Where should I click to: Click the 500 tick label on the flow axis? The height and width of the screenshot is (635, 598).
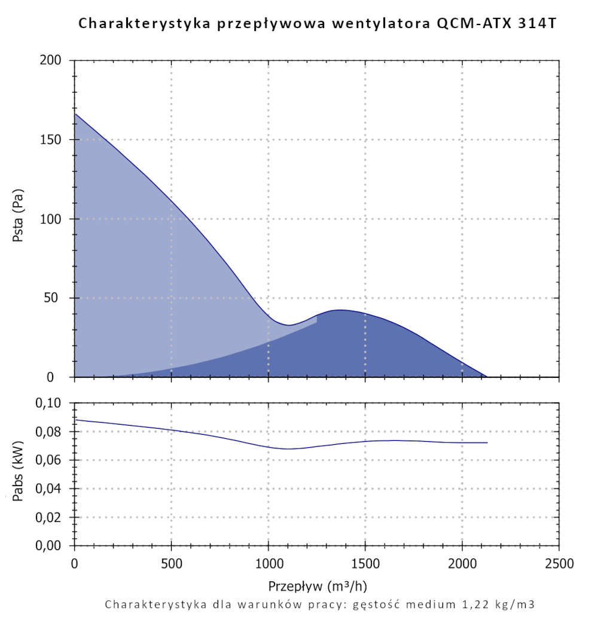(171, 564)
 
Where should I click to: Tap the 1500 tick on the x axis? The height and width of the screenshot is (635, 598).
(365, 564)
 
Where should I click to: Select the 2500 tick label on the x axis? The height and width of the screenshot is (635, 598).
(559, 564)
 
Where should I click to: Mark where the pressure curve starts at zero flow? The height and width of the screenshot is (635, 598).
(75, 114)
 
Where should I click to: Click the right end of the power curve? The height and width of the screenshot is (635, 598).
(487, 442)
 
